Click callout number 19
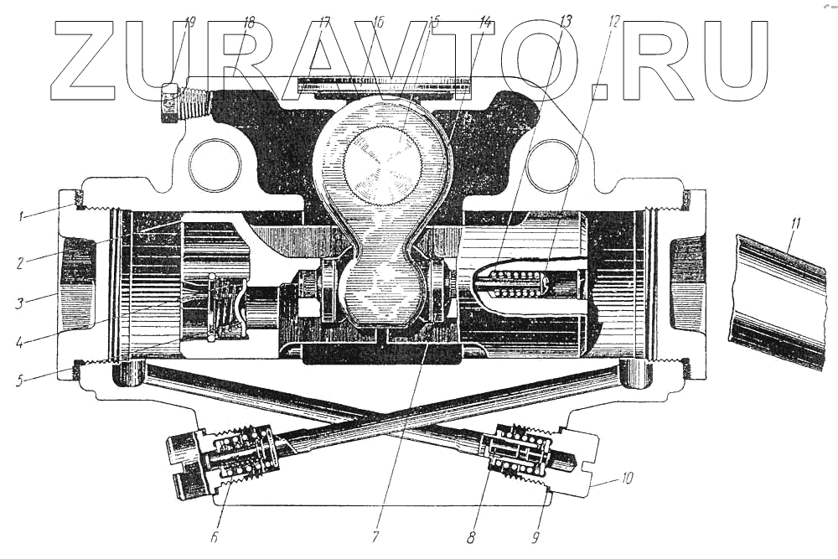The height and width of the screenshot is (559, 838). pos(189,23)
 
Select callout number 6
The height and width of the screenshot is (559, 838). pos(215,536)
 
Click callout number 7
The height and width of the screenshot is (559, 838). pos(375,536)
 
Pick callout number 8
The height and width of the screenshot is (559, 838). pos(473,536)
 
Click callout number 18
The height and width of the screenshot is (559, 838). pos(248,23)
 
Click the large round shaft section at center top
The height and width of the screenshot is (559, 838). pos(382,163)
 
